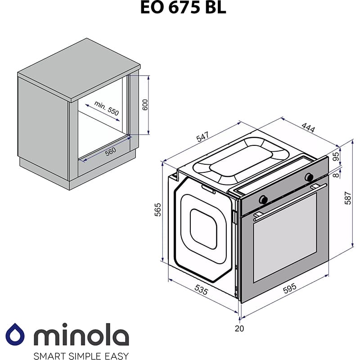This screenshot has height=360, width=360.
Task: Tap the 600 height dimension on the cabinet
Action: (x=145, y=104)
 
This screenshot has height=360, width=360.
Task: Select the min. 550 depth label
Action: (x=107, y=109)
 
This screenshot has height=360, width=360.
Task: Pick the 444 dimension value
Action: (x=308, y=127)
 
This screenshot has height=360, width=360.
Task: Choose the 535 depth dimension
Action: (x=200, y=292)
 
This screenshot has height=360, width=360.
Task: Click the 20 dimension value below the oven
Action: (x=239, y=328)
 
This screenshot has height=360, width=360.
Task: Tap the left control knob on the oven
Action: (x=264, y=199)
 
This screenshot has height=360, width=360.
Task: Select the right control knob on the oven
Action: (x=309, y=177)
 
